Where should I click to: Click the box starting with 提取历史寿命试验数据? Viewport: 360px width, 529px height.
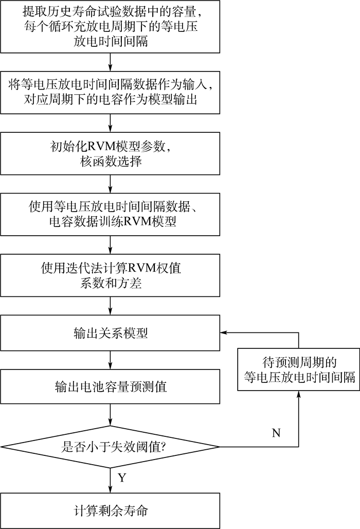click(x=111, y=25)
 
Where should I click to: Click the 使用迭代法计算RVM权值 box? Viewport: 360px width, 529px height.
click(x=111, y=276)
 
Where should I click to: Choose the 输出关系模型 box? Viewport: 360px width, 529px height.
click(x=111, y=333)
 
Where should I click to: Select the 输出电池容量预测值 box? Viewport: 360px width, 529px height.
click(x=111, y=386)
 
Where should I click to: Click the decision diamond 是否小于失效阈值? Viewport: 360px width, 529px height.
click(x=111, y=447)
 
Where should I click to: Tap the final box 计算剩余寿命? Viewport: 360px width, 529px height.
click(x=111, y=511)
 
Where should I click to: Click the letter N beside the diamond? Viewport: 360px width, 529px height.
click(x=276, y=433)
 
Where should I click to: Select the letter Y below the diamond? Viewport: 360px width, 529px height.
click(x=122, y=478)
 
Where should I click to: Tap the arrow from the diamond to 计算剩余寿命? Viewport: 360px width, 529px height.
click(x=111, y=481)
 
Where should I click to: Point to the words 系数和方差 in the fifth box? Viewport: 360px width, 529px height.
click(x=111, y=284)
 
